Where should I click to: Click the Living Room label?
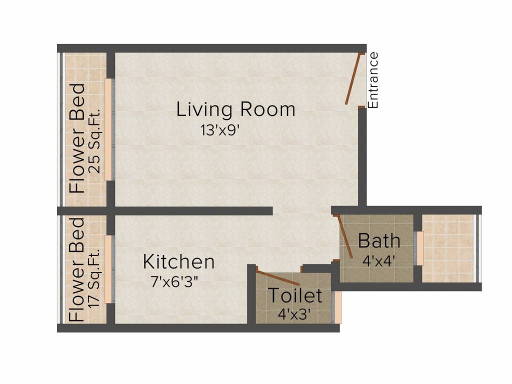[235, 109]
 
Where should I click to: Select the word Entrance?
[373, 80]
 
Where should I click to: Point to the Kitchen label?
[178, 261]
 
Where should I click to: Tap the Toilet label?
[295, 295]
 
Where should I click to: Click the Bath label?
[379, 241]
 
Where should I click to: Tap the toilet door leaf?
[278, 278]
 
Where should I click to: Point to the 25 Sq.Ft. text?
[94, 141]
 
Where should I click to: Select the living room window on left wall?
[108, 129]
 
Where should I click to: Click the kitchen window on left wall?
[108, 269]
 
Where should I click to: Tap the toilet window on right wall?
[338, 307]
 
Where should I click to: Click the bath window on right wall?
[420, 248]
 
